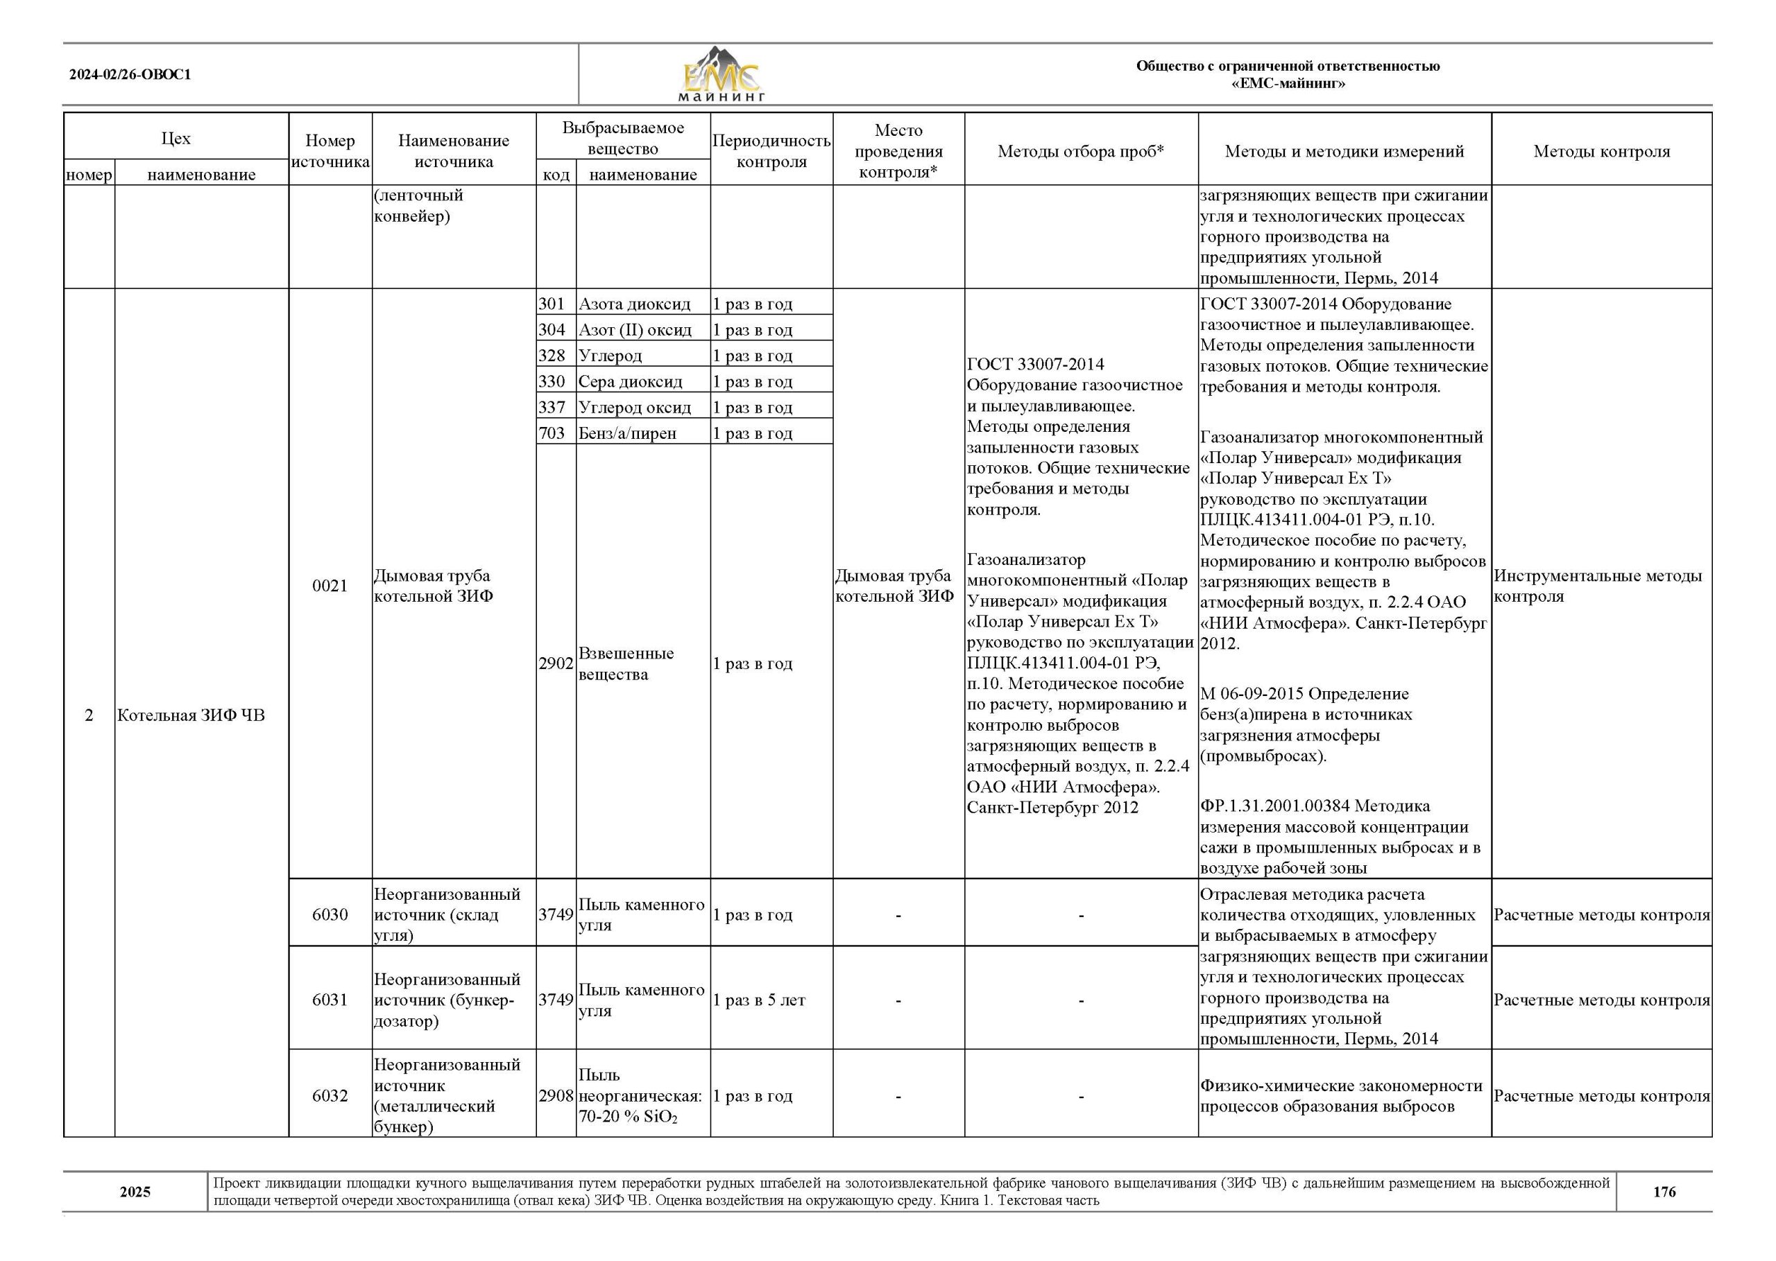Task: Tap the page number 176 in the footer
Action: click(x=1664, y=1191)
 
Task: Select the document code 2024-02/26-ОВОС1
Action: click(x=130, y=75)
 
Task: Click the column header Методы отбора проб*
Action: click(x=1080, y=151)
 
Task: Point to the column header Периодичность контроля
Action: click(x=771, y=150)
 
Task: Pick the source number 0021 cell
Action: click(x=330, y=586)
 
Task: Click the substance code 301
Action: click(x=552, y=304)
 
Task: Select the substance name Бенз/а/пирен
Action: click(x=627, y=433)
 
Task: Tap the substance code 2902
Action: click(x=556, y=663)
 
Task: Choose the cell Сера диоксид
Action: click(x=630, y=381)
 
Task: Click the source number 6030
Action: click(x=330, y=914)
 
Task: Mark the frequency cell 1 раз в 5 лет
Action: click(x=759, y=1000)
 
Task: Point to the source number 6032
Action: click(x=330, y=1095)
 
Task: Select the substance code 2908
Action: click(x=556, y=1095)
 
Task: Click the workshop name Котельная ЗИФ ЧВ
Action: click(x=191, y=715)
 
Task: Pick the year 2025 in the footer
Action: click(x=135, y=1191)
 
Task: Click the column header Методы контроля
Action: click(x=1600, y=151)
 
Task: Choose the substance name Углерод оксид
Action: click(x=634, y=407)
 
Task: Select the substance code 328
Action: click(x=552, y=356)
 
